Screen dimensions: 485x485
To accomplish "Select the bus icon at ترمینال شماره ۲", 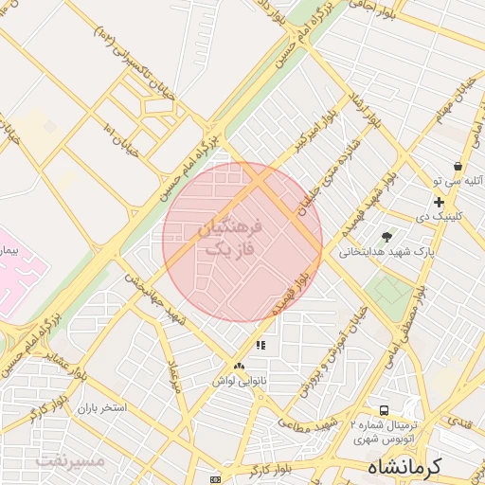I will pos(384,411).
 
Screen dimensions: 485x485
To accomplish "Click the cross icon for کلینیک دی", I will pos(439,201).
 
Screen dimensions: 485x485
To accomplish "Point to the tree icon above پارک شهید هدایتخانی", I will pos(386,236).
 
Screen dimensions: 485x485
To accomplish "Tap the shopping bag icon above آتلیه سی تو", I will pos(458,166).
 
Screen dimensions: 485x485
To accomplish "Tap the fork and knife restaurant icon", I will pos(260,346).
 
